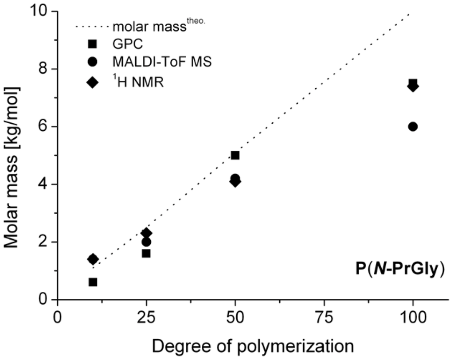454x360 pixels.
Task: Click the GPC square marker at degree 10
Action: point(93,282)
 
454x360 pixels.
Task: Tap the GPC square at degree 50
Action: point(235,155)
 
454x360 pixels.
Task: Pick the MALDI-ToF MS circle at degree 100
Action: point(413,126)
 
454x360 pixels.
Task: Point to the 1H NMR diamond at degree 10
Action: point(93,259)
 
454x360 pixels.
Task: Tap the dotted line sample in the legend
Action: point(91,26)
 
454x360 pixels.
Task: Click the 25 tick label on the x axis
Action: point(146,318)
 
